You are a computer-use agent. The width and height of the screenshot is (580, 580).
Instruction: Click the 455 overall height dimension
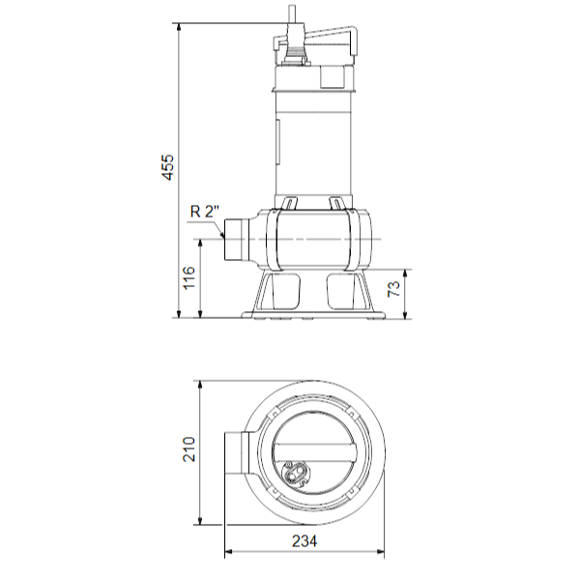pos(167,166)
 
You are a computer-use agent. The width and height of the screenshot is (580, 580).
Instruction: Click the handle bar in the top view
pos(304,450)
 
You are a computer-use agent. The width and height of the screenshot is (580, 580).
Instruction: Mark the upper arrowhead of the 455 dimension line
pos(180,23)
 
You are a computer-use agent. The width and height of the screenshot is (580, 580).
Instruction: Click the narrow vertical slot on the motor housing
pos(278,140)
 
